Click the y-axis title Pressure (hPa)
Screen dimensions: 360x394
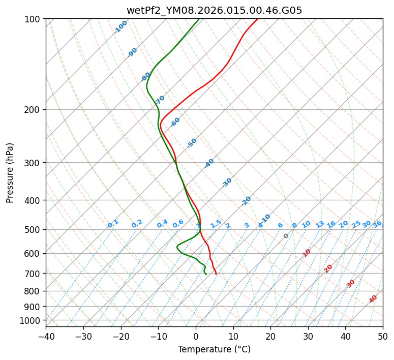pos(10,173)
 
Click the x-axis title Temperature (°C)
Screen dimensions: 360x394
pos(214,350)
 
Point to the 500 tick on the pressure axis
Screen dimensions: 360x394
pos(35,229)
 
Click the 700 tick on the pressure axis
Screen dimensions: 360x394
pos(35,274)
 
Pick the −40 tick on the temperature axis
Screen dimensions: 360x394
pos(46,336)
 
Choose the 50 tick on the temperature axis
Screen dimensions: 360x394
pos(383,336)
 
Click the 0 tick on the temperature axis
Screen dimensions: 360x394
pos(196,336)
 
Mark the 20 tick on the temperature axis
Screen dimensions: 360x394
pos(270,336)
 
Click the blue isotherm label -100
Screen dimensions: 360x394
pos(120,27)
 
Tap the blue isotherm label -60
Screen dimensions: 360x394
pos(175,122)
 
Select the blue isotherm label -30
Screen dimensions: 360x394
pos(227,183)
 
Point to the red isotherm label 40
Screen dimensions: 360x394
pos(373,299)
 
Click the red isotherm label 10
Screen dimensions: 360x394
pos(306,253)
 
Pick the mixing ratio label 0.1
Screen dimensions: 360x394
pos(113,224)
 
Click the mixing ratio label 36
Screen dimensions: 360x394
pos(377,224)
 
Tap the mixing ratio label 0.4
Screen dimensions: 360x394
pos(162,224)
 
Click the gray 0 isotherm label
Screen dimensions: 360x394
pos(286,236)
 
